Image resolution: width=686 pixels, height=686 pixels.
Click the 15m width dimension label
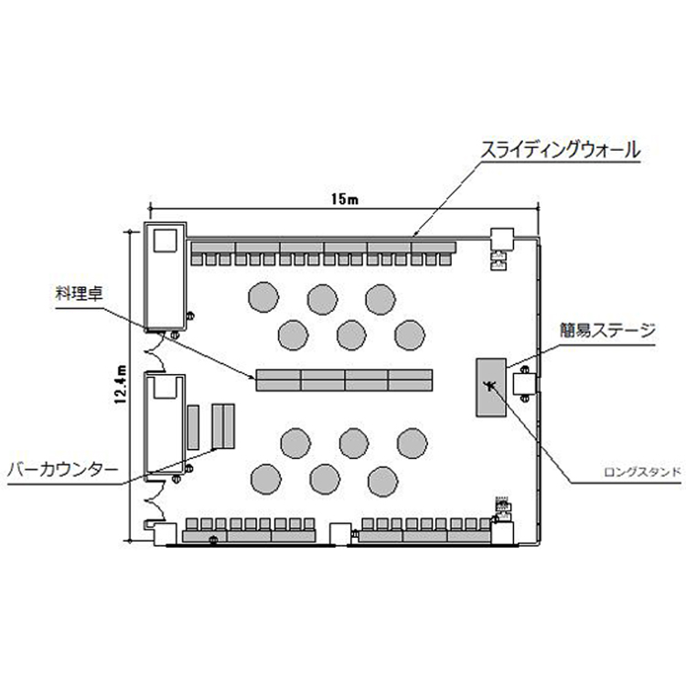click(345, 199)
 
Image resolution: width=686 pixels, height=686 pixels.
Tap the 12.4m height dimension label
click(121, 383)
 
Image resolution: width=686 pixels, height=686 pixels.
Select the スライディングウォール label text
click(560, 150)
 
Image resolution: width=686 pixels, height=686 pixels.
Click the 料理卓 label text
click(79, 293)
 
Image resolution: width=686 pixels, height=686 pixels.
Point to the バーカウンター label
click(62, 470)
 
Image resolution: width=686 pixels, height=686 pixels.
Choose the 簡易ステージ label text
click(607, 330)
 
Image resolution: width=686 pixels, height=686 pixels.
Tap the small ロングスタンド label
click(642, 472)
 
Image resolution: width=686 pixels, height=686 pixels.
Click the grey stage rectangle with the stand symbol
click(491, 387)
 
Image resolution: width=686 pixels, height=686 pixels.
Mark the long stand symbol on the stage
click(489, 385)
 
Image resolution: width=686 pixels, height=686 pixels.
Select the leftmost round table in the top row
click(263, 297)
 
